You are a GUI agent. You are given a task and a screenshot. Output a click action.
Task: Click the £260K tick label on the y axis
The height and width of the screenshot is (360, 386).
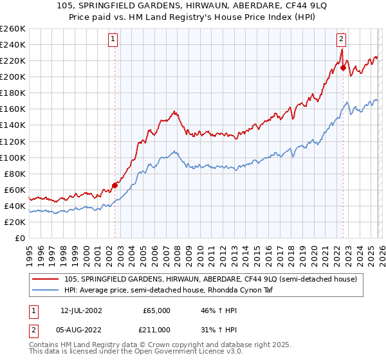pyautogui.click(x=13, y=29)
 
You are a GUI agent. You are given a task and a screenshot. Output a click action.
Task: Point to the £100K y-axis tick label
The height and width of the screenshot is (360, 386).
pyautogui.click(x=13, y=157)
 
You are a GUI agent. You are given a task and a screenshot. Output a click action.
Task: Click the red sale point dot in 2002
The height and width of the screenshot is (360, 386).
pyautogui.click(x=115, y=185)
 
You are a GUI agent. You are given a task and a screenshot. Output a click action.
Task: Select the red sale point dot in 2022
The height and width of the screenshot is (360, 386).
pyautogui.click(x=343, y=67)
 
